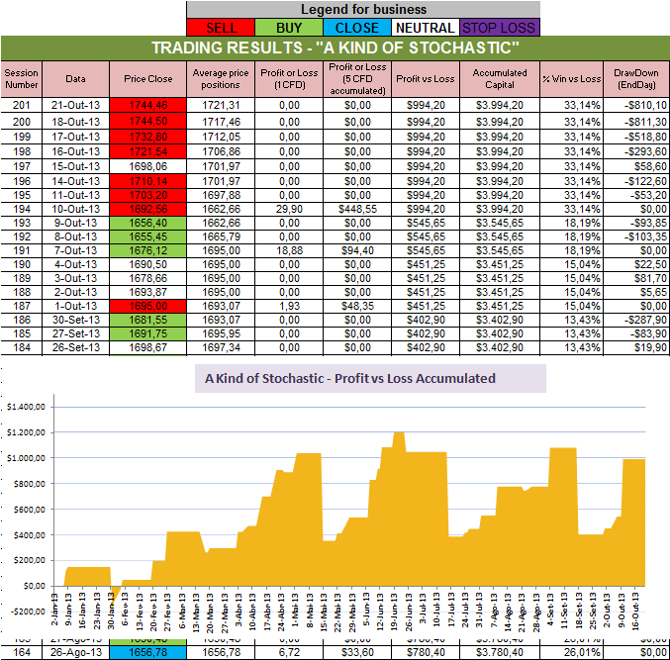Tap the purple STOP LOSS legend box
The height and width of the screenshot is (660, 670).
[497, 28]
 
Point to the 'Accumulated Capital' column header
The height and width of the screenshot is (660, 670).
[500, 78]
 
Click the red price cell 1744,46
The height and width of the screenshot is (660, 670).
[143, 104]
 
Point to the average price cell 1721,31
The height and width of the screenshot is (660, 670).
[221, 104]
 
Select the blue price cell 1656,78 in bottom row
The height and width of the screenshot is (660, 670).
[143, 651]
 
